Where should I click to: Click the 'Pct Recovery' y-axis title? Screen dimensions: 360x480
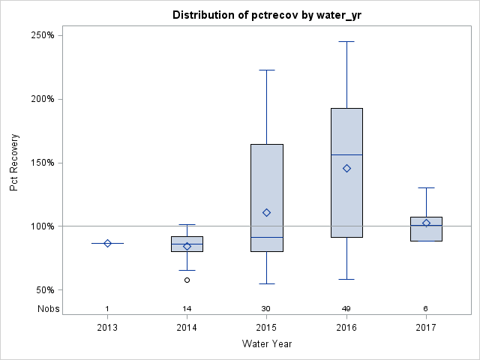coord(14,163)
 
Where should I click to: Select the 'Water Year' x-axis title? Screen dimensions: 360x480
coord(266,343)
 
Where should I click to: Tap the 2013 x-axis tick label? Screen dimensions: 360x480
coord(107,328)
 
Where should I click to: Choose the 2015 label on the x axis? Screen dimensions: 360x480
coord(266,328)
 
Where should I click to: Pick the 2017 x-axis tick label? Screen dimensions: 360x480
coord(426,328)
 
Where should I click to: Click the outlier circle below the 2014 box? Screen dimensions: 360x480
coord(187,280)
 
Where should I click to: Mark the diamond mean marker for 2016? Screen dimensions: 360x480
coord(346,168)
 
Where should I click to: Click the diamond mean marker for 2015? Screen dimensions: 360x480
coord(266,212)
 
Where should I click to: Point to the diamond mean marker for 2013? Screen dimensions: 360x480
coord(107,243)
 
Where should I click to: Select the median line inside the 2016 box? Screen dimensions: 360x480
coord(346,154)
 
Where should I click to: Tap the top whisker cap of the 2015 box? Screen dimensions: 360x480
coord(266,70)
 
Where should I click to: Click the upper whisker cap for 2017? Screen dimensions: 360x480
coord(426,187)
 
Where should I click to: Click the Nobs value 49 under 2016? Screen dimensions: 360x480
coord(346,308)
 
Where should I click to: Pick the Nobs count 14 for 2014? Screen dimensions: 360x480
coord(187,308)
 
